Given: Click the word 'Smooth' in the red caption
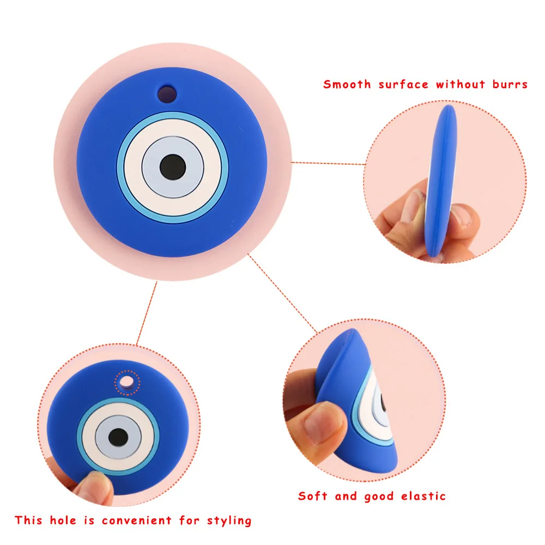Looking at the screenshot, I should [347, 84].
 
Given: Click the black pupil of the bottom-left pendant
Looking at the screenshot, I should [118, 436].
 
